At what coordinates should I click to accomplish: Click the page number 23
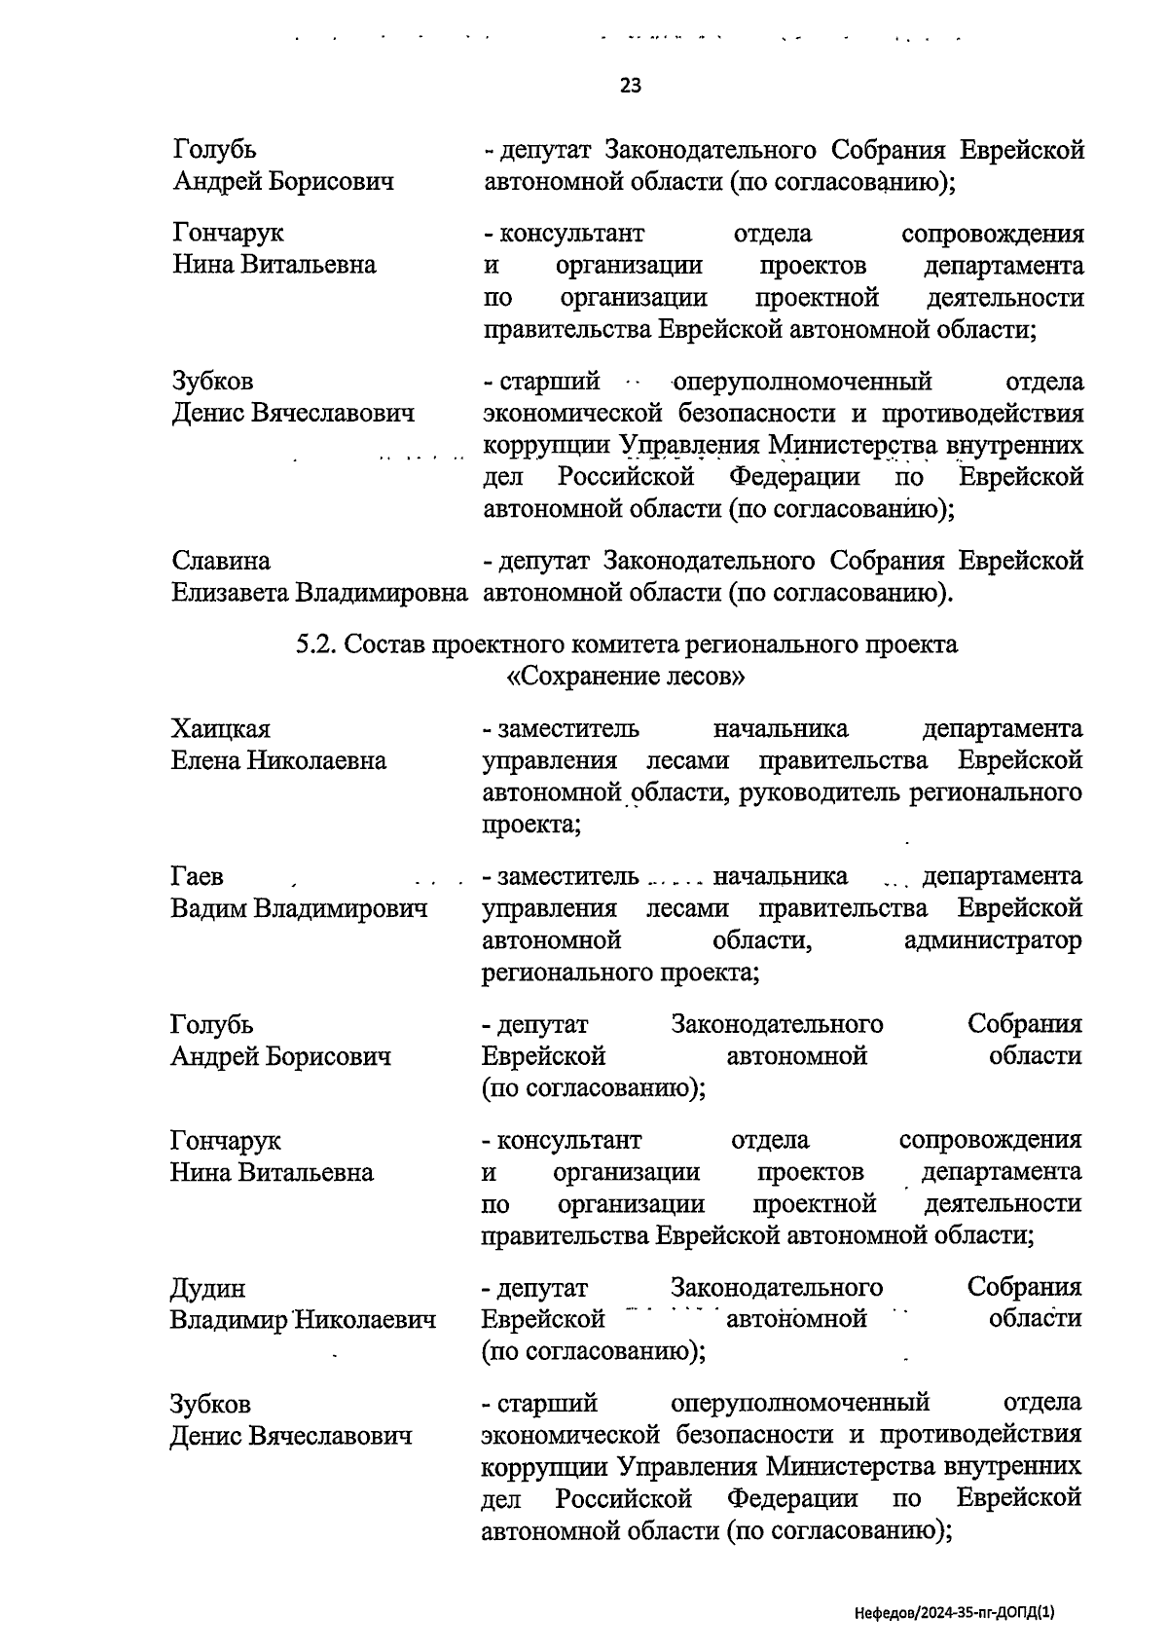[x=630, y=86]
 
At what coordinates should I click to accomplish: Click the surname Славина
[x=221, y=561]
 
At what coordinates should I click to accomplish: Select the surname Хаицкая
[x=220, y=728]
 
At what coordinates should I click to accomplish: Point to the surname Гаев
[x=197, y=876]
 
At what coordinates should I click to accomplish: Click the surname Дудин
[x=207, y=1288]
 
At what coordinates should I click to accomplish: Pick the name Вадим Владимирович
[x=299, y=908]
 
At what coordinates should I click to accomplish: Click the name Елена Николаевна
[x=278, y=760]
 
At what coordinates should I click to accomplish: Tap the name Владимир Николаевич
[x=303, y=1320]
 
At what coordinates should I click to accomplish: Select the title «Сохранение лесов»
[x=626, y=677]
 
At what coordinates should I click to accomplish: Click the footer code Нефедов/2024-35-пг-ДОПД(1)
[x=954, y=1612]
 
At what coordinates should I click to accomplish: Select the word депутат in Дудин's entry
[x=541, y=1288]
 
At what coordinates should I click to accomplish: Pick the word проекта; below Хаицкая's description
[x=531, y=825]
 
